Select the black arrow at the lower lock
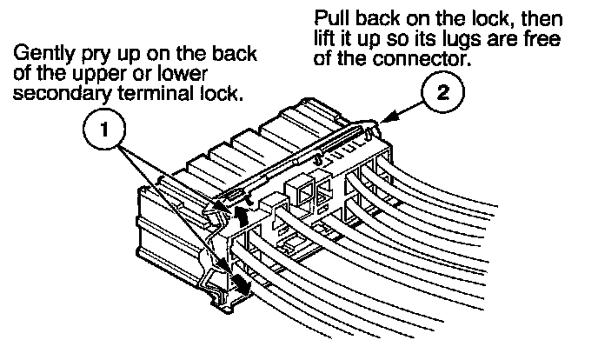point(240,283)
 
